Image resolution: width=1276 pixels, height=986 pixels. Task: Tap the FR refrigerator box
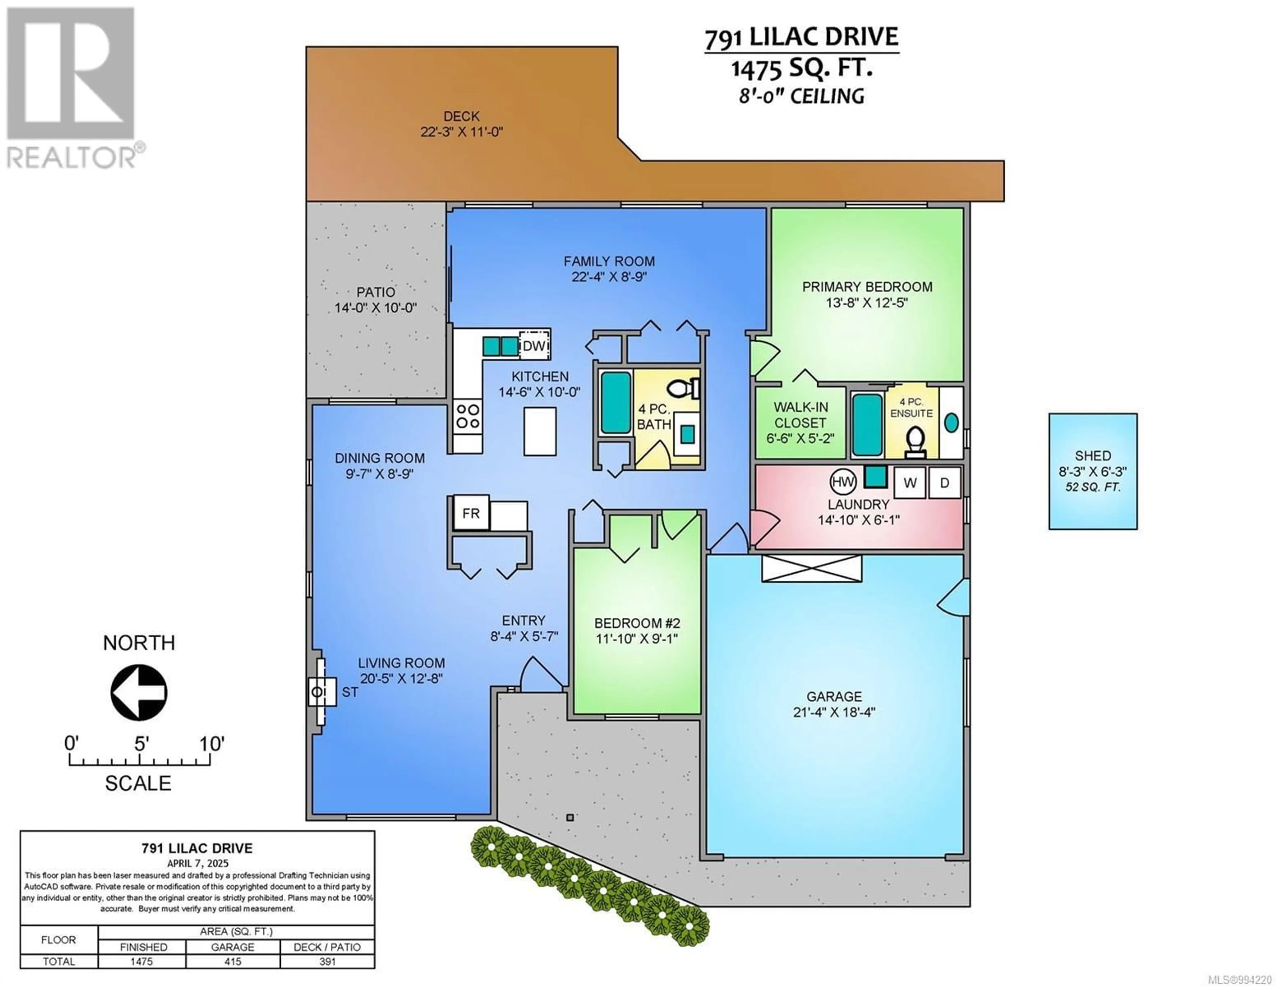[x=471, y=512]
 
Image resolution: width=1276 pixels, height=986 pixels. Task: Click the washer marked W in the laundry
[x=910, y=482]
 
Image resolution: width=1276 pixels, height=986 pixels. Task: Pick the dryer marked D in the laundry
[x=944, y=482]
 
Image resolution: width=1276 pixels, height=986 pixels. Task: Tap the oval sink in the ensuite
[x=951, y=423]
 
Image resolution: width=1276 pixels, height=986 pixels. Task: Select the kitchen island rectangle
[x=540, y=431]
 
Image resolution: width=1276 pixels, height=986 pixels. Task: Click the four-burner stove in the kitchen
[x=468, y=416]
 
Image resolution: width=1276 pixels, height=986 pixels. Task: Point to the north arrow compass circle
[x=139, y=693]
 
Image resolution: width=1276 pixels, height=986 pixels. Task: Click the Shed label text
[x=1093, y=456]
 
